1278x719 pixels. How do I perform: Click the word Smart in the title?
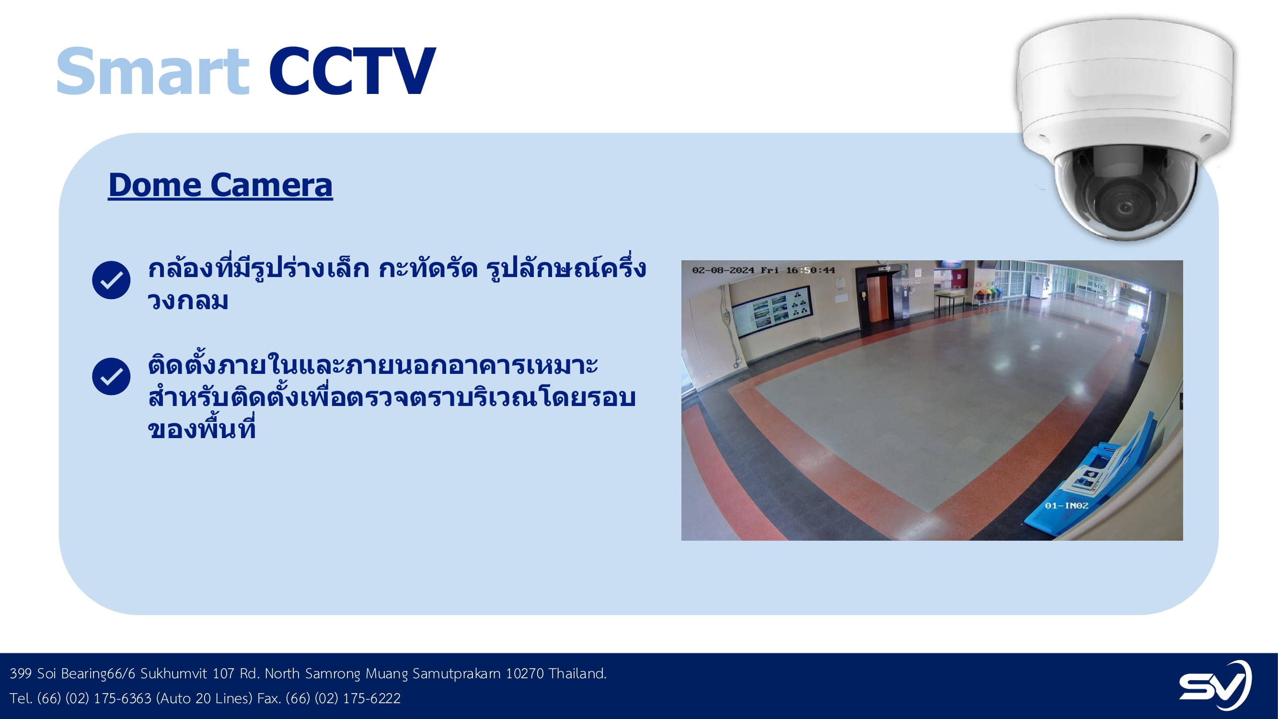(x=152, y=70)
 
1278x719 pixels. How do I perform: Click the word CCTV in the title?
(x=352, y=70)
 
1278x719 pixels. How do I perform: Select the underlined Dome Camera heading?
(x=220, y=186)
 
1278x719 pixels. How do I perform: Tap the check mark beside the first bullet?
(x=111, y=280)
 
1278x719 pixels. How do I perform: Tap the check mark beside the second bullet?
(x=111, y=376)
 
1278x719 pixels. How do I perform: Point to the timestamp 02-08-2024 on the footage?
(x=724, y=270)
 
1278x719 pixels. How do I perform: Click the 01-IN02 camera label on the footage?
(x=1067, y=506)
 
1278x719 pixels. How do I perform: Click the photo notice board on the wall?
(x=772, y=312)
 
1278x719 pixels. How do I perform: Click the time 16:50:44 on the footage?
(x=811, y=270)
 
